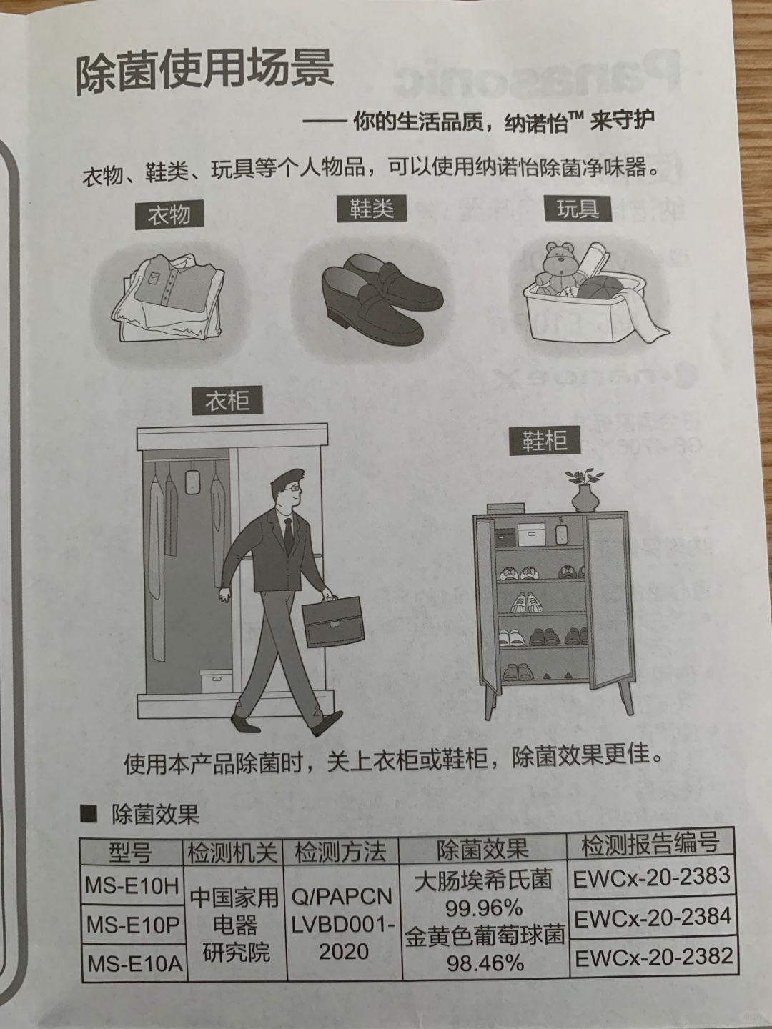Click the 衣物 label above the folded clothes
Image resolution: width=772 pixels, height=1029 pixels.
(169, 215)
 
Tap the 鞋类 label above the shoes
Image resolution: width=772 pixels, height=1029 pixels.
(371, 209)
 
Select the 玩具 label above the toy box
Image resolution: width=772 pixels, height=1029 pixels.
(578, 209)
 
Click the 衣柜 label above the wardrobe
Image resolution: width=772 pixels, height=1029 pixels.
(227, 401)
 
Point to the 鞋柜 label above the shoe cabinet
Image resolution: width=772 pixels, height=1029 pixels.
(545, 440)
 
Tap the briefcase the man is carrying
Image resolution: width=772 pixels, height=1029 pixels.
(333, 621)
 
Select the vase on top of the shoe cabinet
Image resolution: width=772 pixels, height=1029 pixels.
(585, 498)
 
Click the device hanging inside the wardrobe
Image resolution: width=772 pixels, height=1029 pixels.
(191, 480)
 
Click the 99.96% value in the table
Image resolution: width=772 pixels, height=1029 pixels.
(483, 908)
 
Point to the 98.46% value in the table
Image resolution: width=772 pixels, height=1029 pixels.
(485, 963)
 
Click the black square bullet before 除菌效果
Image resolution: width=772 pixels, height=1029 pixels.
(89, 815)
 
